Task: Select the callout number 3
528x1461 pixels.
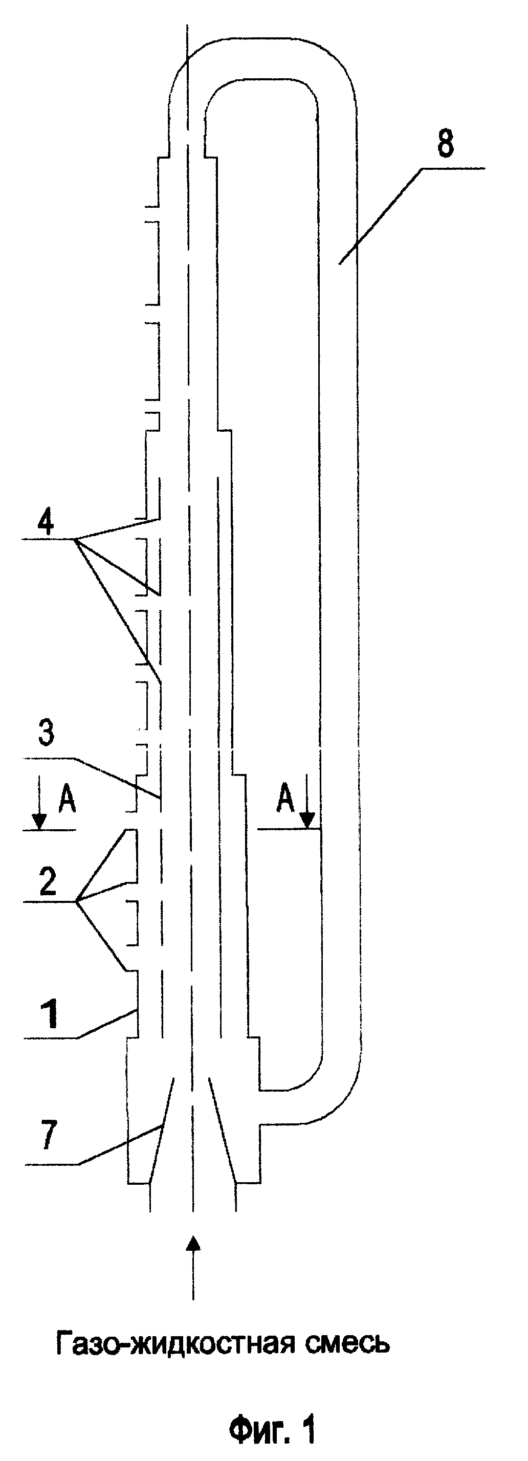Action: [46, 732]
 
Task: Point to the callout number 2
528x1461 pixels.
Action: [48, 882]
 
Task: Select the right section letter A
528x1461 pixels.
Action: [286, 800]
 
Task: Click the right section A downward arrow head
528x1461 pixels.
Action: [307, 820]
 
